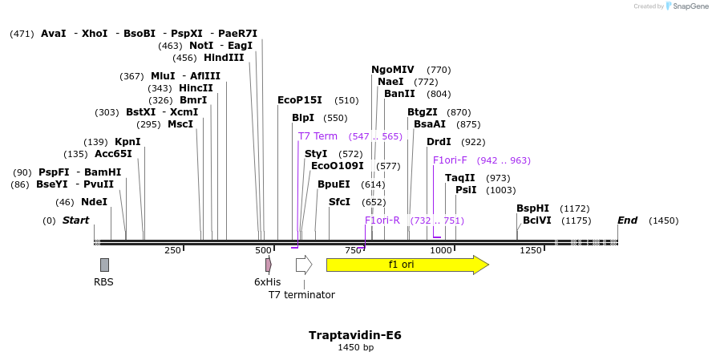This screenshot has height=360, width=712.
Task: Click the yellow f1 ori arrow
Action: coord(407,265)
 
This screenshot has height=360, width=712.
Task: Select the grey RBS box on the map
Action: coord(104,265)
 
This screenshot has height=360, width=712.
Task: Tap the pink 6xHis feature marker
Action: coord(269,265)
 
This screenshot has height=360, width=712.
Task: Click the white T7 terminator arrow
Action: coord(303,265)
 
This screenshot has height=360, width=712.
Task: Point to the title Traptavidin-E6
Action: coord(354,335)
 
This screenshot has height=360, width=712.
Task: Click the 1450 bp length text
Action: coord(354,348)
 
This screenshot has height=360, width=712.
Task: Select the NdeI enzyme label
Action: coord(94,202)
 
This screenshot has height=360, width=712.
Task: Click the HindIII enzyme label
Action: coord(224,58)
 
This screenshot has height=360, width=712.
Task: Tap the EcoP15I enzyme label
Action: coord(299,100)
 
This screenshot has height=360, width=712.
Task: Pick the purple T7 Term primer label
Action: coord(318,136)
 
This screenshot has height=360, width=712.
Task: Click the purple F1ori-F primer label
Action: coord(450,160)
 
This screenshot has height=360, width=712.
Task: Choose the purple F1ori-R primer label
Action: coord(382,220)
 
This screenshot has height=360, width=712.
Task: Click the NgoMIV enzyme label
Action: coord(392,70)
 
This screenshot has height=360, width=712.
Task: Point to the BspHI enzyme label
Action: coord(532,208)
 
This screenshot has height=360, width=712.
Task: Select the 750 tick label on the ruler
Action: coord(354,251)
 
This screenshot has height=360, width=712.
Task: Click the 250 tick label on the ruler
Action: coord(172,251)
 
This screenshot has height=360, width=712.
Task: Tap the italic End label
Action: coord(627,220)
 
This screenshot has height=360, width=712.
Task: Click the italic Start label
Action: coord(75,220)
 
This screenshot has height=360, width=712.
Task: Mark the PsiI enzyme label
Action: coord(466,190)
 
